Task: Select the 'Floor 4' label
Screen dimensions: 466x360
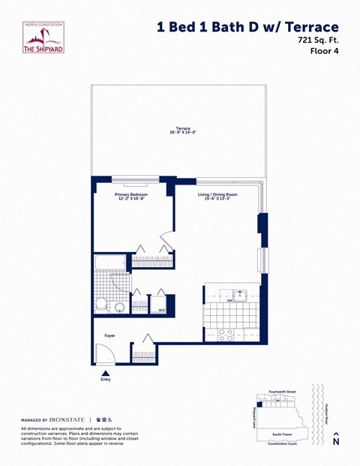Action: click(325, 52)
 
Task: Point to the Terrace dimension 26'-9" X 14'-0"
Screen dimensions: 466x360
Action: click(182, 133)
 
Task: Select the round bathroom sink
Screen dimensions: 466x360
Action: click(118, 306)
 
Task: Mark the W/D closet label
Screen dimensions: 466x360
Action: click(161, 308)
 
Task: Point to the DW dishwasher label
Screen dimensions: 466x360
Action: click(229, 300)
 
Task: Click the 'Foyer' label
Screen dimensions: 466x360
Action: click(109, 336)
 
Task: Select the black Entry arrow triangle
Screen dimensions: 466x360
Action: click(105, 372)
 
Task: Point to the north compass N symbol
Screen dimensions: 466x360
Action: click(336, 440)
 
